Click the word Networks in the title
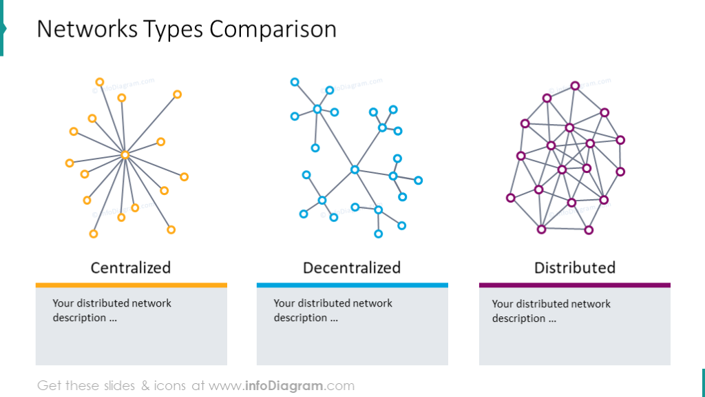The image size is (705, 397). tap(87, 29)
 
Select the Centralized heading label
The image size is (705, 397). tap(130, 268)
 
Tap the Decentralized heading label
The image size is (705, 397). tap(352, 268)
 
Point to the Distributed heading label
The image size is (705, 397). tap(575, 268)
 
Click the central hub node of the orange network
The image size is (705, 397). tap(125, 155)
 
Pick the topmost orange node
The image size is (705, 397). tap(100, 82)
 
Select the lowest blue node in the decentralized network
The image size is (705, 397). tap(379, 234)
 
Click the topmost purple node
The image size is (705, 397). tap(575, 85)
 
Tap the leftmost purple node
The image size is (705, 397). tap(510, 198)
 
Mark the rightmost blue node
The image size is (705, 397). tap(418, 181)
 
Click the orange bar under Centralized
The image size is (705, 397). tap(131, 285)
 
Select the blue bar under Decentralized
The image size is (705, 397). tap(352, 285)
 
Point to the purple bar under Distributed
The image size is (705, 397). tap(575, 285)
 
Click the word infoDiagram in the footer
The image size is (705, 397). tap(284, 386)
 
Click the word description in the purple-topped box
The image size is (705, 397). tap(518, 318)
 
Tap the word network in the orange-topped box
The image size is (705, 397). tap(151, 303)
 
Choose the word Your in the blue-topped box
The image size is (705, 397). tap(283, 303)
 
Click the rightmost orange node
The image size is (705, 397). tap(184, 177)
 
